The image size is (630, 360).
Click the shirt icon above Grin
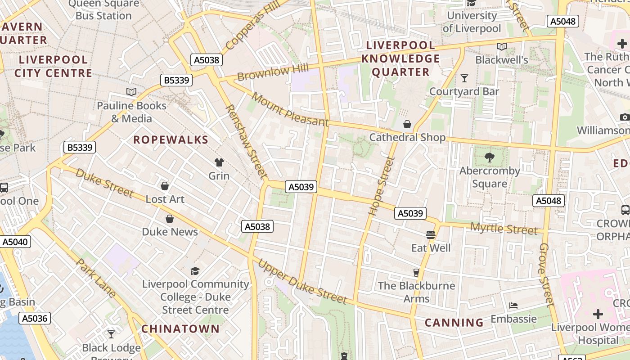coord(219,162)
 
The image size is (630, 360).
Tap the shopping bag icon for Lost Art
coord(165,186)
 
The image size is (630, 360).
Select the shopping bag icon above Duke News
coord(170,219)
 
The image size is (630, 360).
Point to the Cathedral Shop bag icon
coord(407,124)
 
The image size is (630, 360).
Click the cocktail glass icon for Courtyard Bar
coord(464,78)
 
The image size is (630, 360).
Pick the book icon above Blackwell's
coord(502,46)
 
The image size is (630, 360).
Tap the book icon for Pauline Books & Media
coord(131,92)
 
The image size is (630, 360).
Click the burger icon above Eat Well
coord(431,234)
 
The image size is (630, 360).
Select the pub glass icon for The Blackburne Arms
coord(416,272)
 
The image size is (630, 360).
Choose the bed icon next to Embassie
coord(513,306)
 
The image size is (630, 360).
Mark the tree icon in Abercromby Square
coord(490,157)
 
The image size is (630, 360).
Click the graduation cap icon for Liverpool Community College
coord(195,271)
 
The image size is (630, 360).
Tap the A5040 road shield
coord(15,242)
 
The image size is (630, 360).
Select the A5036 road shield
coord(35,319)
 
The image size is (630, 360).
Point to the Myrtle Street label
coord(504,229)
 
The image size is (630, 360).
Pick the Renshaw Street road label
coord(246,141)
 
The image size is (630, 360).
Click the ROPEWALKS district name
coord(171,139)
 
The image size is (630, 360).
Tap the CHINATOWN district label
coord(180,329)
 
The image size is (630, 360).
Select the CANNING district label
coord(454,323)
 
